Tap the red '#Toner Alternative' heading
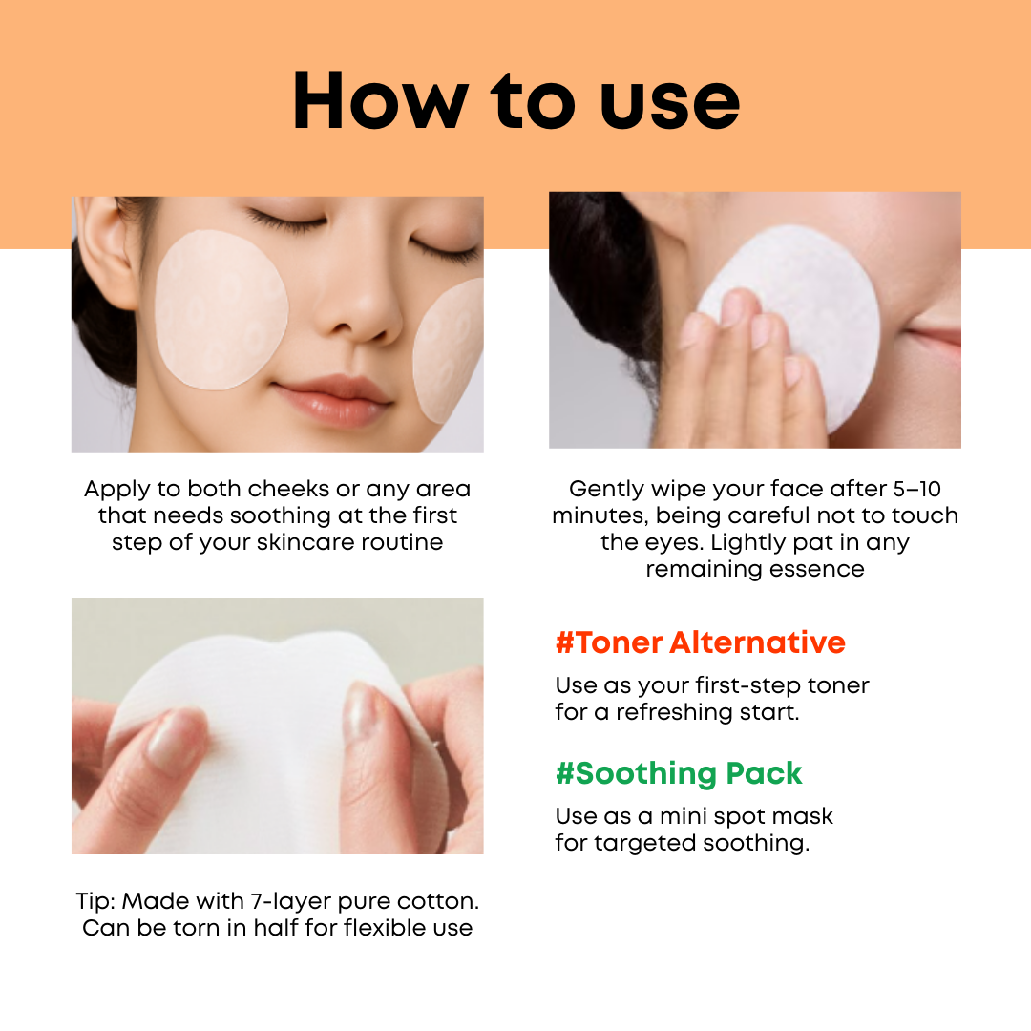click(x=701, y=642)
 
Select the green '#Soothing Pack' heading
click(x=679, y=773)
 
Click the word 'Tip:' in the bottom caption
click(x=96, y=901)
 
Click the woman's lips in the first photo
click(x=334, y=400)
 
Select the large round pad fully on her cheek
click(x=221, y=309)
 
